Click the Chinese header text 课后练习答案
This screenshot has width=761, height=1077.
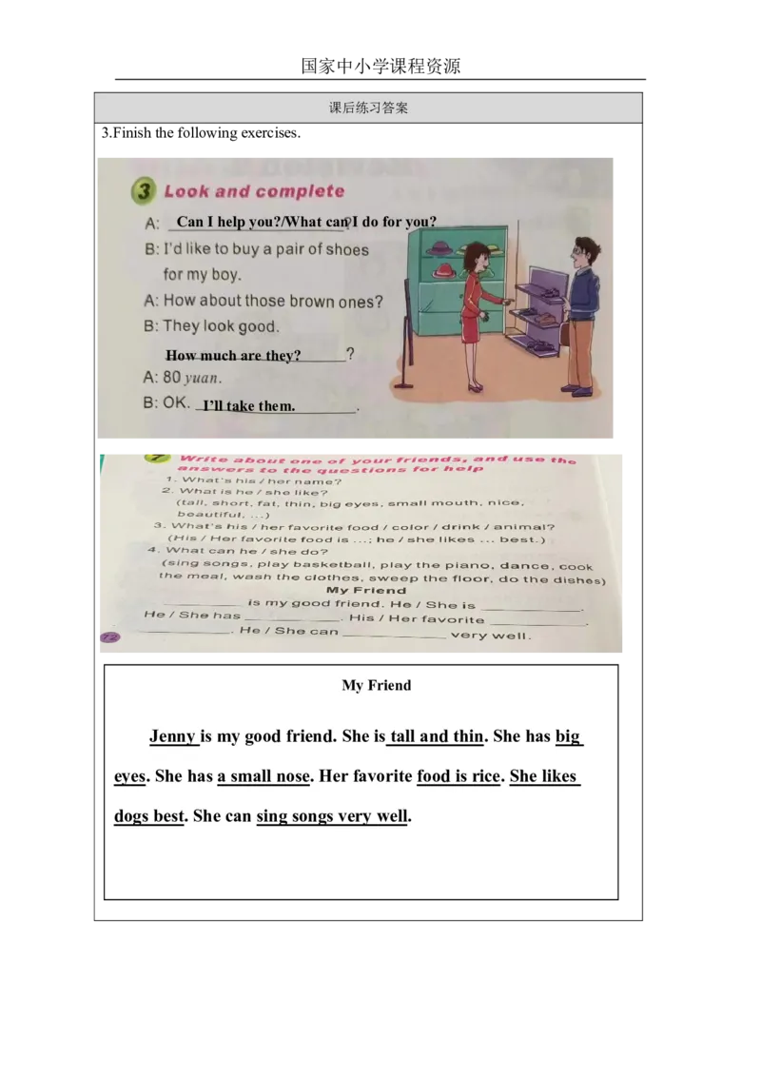[368, 108]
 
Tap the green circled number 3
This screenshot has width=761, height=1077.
[143, 191]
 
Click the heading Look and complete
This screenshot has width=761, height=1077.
[254, 191]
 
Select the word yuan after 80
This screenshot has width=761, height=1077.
[203, 378]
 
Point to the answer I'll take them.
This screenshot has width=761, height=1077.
[249, 406]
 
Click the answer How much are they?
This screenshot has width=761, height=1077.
[234, 356]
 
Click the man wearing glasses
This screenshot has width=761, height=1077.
[580, 314]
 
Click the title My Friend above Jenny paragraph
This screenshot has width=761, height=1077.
[377, 685]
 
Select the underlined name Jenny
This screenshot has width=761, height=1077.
[172, 736]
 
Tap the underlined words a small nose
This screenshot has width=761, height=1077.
[263, 776]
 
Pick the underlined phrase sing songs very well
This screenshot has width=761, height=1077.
[331, 816]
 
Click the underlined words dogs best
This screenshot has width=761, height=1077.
[148, 816]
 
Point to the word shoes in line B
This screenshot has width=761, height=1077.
[347, 250]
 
